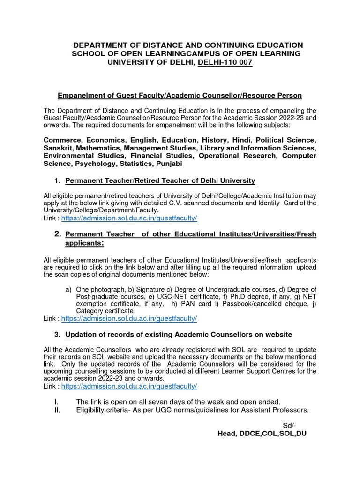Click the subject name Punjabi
(x=167, y=164)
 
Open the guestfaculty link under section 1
(x=129, y=218)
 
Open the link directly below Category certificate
(x=129, y=318)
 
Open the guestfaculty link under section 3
(x=129, y=386)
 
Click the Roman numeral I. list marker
(x=56, y=402)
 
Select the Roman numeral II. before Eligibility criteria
(x=57, y=410)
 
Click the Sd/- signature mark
(x=290, y=425)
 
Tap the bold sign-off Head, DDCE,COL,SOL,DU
(x=262, y=434)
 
